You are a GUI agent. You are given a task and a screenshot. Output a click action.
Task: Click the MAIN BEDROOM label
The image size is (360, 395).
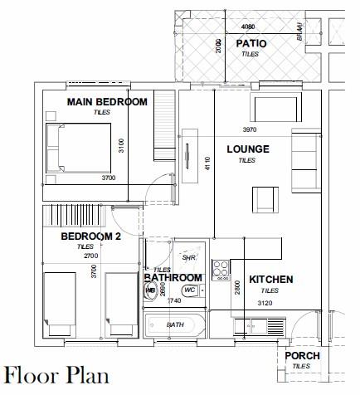108,102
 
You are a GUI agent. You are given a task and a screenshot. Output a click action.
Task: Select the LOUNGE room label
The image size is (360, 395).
249,149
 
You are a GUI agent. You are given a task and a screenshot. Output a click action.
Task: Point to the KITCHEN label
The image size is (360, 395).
271,280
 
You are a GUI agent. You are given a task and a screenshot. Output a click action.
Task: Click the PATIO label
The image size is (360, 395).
251,43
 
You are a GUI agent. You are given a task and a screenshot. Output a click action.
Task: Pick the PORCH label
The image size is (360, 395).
302,355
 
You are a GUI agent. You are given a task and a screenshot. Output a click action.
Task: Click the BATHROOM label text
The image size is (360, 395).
173,277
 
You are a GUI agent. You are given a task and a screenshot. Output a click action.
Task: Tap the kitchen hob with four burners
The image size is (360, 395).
221,270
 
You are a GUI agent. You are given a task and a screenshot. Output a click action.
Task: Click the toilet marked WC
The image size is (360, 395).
189,290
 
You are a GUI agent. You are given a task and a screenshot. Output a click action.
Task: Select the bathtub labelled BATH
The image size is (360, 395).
175,325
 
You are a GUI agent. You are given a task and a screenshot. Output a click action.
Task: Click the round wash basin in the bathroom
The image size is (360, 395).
151,290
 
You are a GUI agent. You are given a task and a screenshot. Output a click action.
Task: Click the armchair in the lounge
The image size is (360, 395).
265,199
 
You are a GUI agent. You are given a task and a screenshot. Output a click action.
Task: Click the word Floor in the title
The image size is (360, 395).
32,376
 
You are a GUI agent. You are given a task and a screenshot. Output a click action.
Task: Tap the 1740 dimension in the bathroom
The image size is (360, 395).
175,301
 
